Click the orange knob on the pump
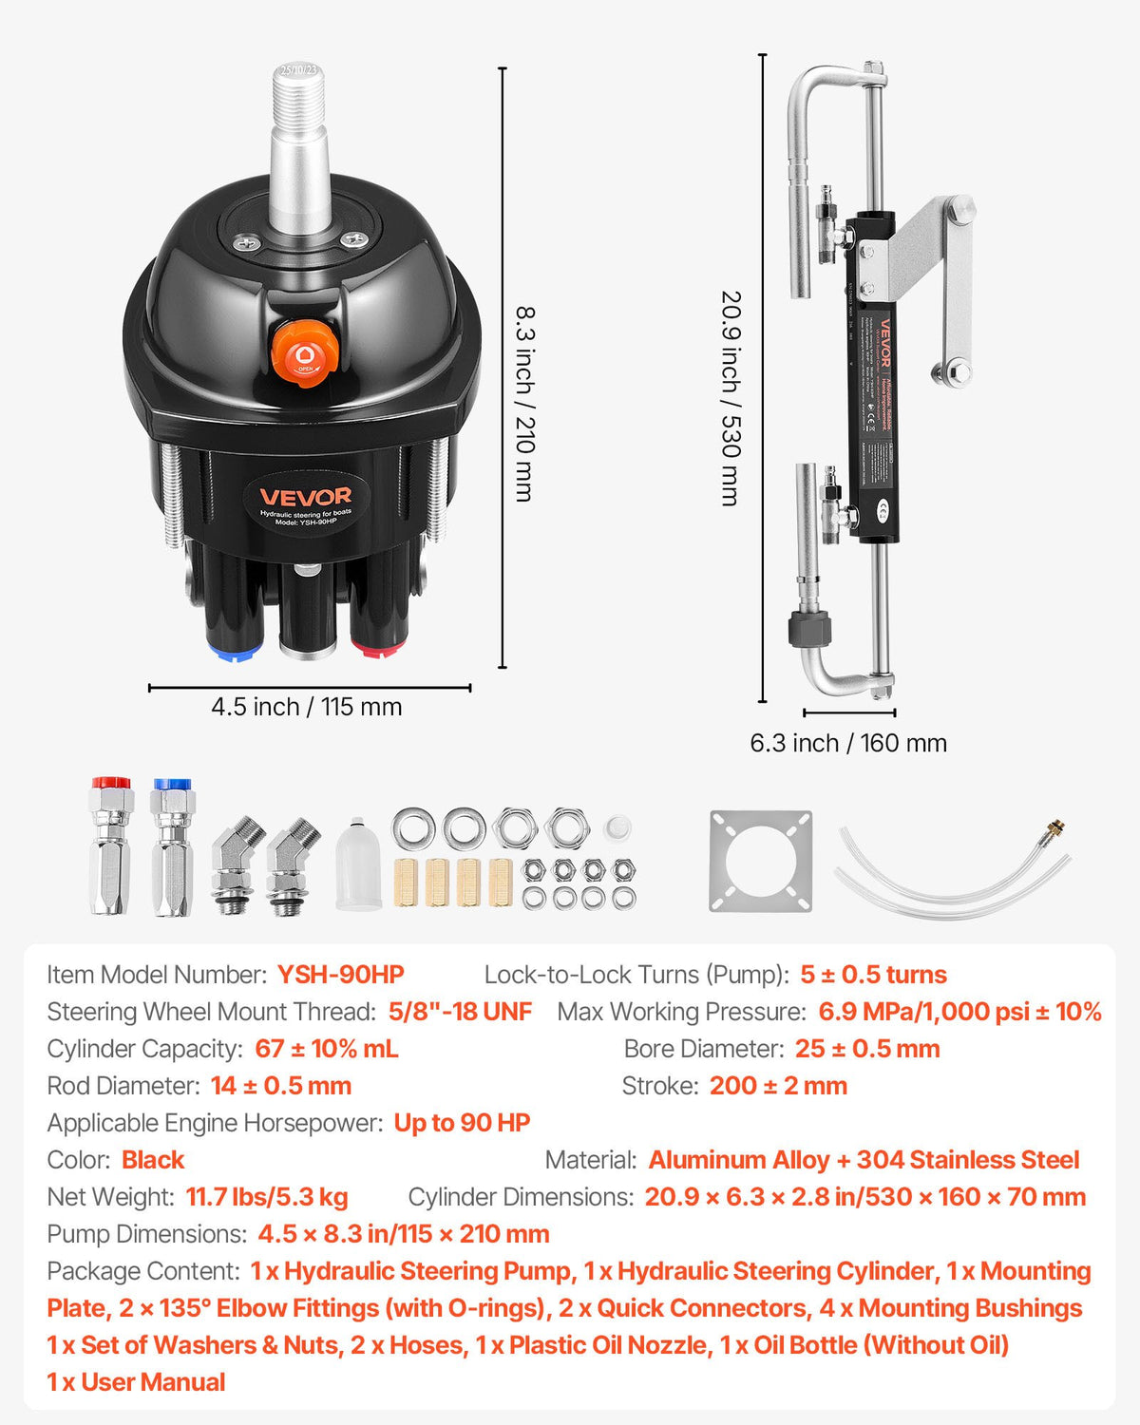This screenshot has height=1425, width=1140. click(305, 353)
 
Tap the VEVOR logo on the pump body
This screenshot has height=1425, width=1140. click(306, 496)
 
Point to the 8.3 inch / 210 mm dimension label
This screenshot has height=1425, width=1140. click(524, 403)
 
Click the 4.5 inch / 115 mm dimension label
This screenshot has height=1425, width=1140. click(306, 707)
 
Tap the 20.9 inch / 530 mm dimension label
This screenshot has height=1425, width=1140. click(731, 398)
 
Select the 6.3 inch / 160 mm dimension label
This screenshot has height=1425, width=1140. click(848, 743)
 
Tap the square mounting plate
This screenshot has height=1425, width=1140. click(761, 861)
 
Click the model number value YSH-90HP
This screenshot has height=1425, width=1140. click(340, 975)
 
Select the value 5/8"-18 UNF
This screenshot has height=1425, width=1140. click(460, 1012)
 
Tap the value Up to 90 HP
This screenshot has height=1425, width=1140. click(462, 1123)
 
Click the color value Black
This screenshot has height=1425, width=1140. click(153, 1160)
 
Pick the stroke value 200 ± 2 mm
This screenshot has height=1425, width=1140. click(778, 1086)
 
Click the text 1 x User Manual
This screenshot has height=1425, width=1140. click(136, 1382)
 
